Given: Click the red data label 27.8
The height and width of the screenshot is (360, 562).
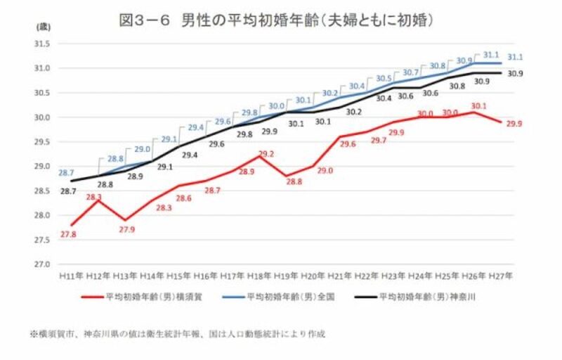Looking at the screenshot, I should click(x=68, y=234).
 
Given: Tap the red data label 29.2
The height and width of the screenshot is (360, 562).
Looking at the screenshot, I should click(x=266, y=154).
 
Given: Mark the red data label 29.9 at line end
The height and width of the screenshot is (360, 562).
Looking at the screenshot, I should click(x=514, y=123).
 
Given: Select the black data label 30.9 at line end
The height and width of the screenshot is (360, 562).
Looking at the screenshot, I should click(x=514, y=74).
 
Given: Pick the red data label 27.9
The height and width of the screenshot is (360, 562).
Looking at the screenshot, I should click(x=127, y=229).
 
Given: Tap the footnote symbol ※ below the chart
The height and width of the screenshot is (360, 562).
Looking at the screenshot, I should click(x=33, y=334).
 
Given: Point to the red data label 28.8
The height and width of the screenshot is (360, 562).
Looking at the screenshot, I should click(x=294, y=181).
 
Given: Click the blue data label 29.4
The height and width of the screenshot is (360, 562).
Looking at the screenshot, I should click(x=195, y=128).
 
